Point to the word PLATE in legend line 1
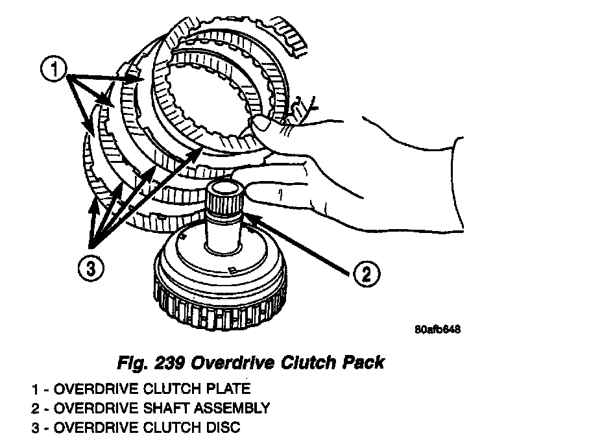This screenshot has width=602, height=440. click(x=226, y=389)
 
